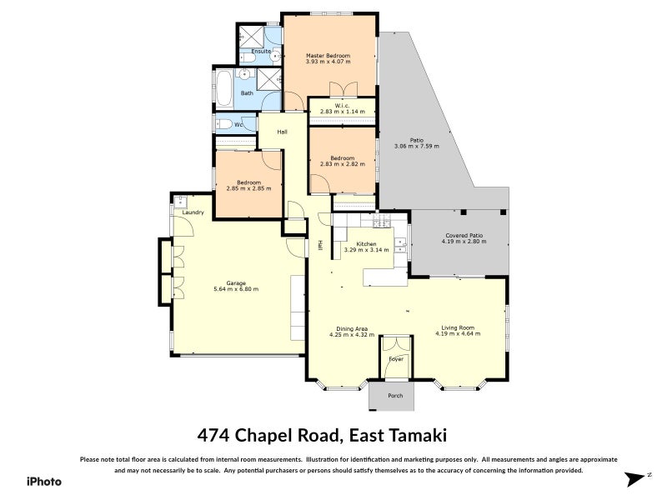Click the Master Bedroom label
(328, 55)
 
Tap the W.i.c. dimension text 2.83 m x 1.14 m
(342, 112)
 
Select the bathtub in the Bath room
(225, 88)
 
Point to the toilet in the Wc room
(223, 125)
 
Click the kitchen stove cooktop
(381, 222)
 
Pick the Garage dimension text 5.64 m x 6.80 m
(236, 289)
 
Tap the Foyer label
(395, 359)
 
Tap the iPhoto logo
(43, 481)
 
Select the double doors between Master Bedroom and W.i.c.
(342, 90)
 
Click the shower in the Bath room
(269, 80)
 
